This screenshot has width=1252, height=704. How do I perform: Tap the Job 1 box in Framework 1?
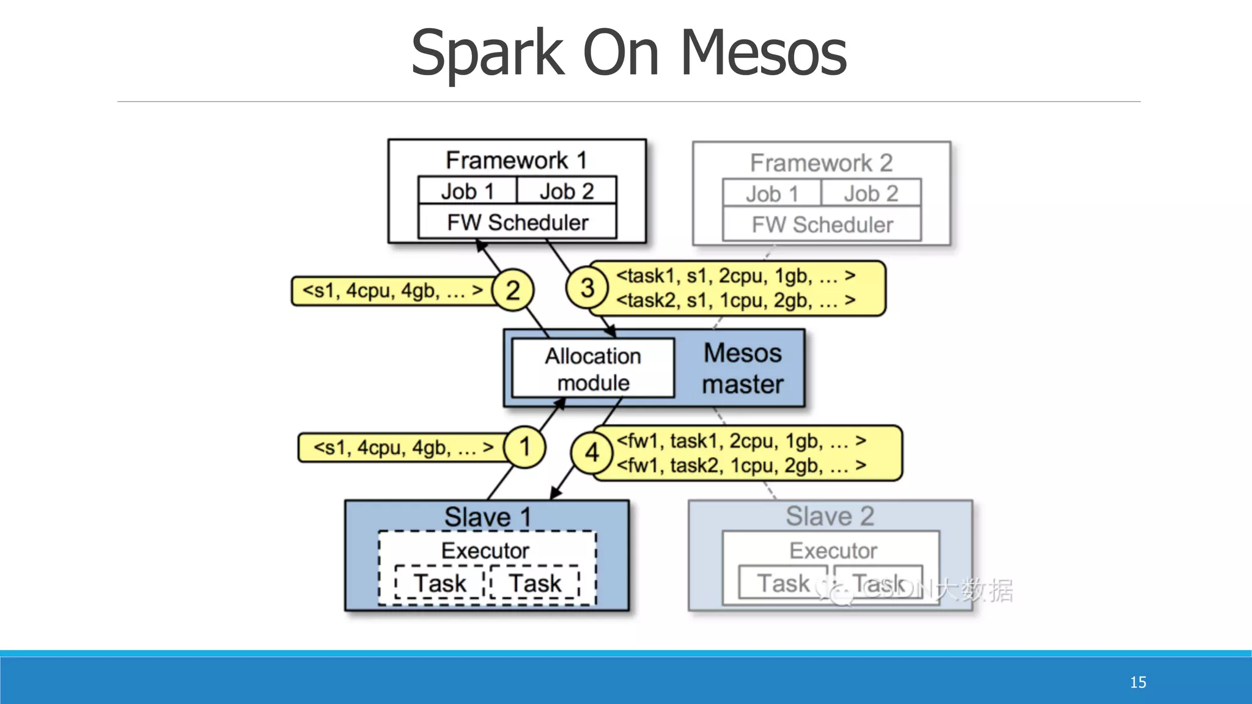coord(468,191)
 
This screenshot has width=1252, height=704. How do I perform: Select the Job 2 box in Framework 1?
coord(567,191)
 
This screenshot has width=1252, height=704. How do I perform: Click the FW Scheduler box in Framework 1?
coord(517,222)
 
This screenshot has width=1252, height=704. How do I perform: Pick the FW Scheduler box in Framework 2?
coord(822,225)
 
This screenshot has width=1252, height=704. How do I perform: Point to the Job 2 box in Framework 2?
coord(871,194)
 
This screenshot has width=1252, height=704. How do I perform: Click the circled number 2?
coord(513,290)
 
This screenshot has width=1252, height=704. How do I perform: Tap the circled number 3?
coord(587,287)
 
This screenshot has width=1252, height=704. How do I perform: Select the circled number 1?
coord(525,447)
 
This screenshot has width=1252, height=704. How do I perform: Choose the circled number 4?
coord(592,453)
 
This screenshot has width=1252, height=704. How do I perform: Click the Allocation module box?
coord(593,369)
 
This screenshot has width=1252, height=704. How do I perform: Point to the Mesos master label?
coord(742,369)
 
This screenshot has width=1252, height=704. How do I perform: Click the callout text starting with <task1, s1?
coord(735,276)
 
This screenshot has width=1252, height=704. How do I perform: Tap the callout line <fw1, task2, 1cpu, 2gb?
coord(741,466)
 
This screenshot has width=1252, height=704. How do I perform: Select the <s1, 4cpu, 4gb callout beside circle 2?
coord(392,291)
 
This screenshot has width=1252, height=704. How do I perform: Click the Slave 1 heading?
coord(487,517)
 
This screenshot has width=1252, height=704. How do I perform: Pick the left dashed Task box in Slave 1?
coord(440,583)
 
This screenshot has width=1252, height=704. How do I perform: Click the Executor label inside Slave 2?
coord(833,551)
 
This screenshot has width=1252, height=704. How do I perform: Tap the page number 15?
coord(1138,682)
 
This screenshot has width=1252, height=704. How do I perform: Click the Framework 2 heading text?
coord(821,163)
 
